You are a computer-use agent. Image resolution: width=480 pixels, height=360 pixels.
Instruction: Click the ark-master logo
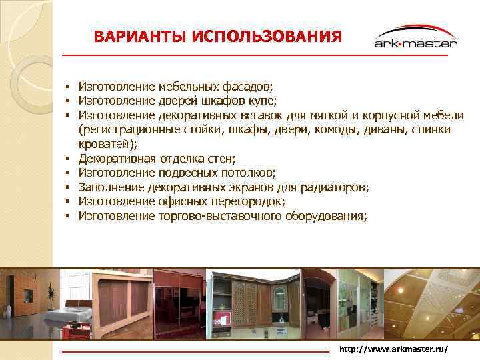point(415,38)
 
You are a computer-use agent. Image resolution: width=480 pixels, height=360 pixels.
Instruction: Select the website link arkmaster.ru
point(393,349)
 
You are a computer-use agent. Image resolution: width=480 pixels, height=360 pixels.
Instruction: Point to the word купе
point(261,101)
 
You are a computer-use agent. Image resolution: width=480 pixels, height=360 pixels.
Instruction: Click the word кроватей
point(105,143)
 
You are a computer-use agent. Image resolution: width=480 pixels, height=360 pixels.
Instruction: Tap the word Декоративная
point(117,159)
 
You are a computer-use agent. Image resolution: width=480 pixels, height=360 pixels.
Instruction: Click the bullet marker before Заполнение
point(68,187)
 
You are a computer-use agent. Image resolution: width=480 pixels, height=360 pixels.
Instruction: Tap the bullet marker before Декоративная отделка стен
point(68,159)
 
